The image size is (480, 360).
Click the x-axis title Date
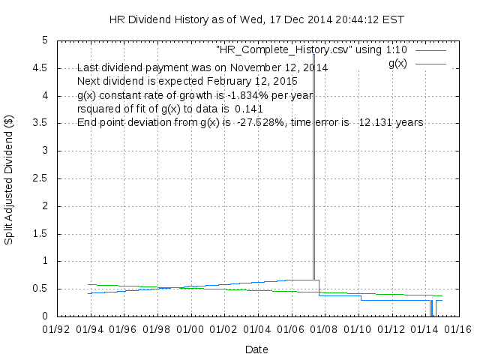click(256, 349)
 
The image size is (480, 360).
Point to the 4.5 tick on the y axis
click(40, 68)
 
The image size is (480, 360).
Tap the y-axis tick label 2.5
click(40, 178)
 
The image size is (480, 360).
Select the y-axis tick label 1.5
click(40, 234)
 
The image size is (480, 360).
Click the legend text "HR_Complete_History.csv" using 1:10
click(311, 49)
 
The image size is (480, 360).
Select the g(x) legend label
click(397, 63)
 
